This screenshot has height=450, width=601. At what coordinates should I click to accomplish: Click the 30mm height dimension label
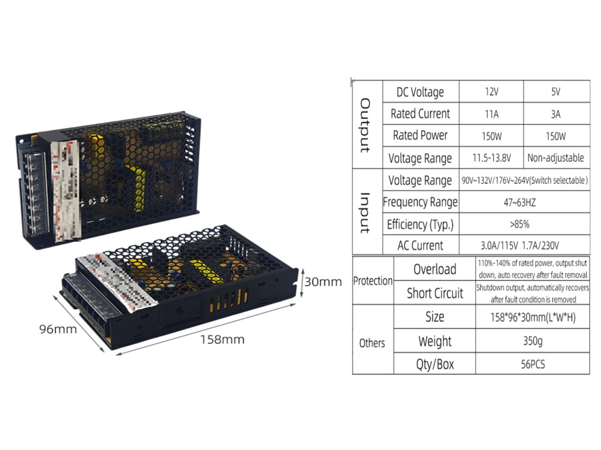click(x=323, y=281)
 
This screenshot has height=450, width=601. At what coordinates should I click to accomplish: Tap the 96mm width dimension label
click(x=59, y=329)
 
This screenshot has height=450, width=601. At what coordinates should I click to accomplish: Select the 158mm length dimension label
click(x=222, y=340)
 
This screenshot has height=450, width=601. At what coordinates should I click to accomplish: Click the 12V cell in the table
click(x=492, y=92)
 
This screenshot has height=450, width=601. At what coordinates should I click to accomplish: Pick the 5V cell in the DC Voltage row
click(x=555, y=92)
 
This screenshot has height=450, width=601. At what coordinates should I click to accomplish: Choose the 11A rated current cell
click(x=492, y=113)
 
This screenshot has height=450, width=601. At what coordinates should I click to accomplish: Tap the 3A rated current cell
click(x=555, y=113)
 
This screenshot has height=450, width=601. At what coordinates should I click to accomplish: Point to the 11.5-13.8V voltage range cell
click(x=492, y=158)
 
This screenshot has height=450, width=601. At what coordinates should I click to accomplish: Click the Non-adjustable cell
click(x=555, y=158)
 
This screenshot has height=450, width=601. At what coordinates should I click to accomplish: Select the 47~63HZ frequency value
click(x=523, y=203)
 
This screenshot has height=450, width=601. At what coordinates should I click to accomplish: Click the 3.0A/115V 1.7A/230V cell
click(x=523, y=245)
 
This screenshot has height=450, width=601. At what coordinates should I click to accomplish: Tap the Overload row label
click(x=435, y=269)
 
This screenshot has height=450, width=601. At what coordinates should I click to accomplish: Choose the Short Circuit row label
click(x=435, y=293)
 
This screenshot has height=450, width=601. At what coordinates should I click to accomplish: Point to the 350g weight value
click(x=532, y=341)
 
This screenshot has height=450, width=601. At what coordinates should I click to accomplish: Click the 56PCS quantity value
click(x=532, y=364)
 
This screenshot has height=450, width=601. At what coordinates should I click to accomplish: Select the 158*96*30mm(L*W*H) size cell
click(x=532, y=317)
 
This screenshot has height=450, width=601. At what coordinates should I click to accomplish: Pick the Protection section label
click(x=373, y=281)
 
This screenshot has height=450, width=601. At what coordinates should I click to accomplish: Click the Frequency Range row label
click(x=420, y=202)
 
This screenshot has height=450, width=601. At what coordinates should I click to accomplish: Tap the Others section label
click(x=372, y=343)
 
